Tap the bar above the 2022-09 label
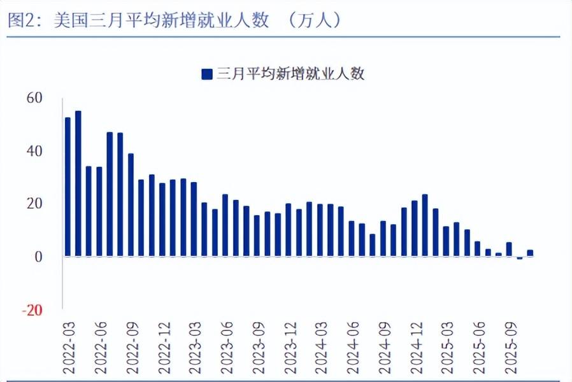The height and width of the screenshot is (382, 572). [131, 204]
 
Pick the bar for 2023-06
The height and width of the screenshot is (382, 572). [225, 225]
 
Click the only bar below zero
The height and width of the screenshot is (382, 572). [519, 258]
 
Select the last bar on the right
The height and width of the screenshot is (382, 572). [530, 253]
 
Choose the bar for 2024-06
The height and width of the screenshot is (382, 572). [351, 239]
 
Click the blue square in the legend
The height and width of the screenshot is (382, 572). [206, 74]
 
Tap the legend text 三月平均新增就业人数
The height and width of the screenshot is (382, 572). [290, 74]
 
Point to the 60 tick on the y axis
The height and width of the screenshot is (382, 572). [34, 98]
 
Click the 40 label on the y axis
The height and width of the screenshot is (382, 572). [34, 151]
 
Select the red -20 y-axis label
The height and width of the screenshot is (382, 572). [32, 310]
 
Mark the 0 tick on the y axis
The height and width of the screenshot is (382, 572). [38, 257]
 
